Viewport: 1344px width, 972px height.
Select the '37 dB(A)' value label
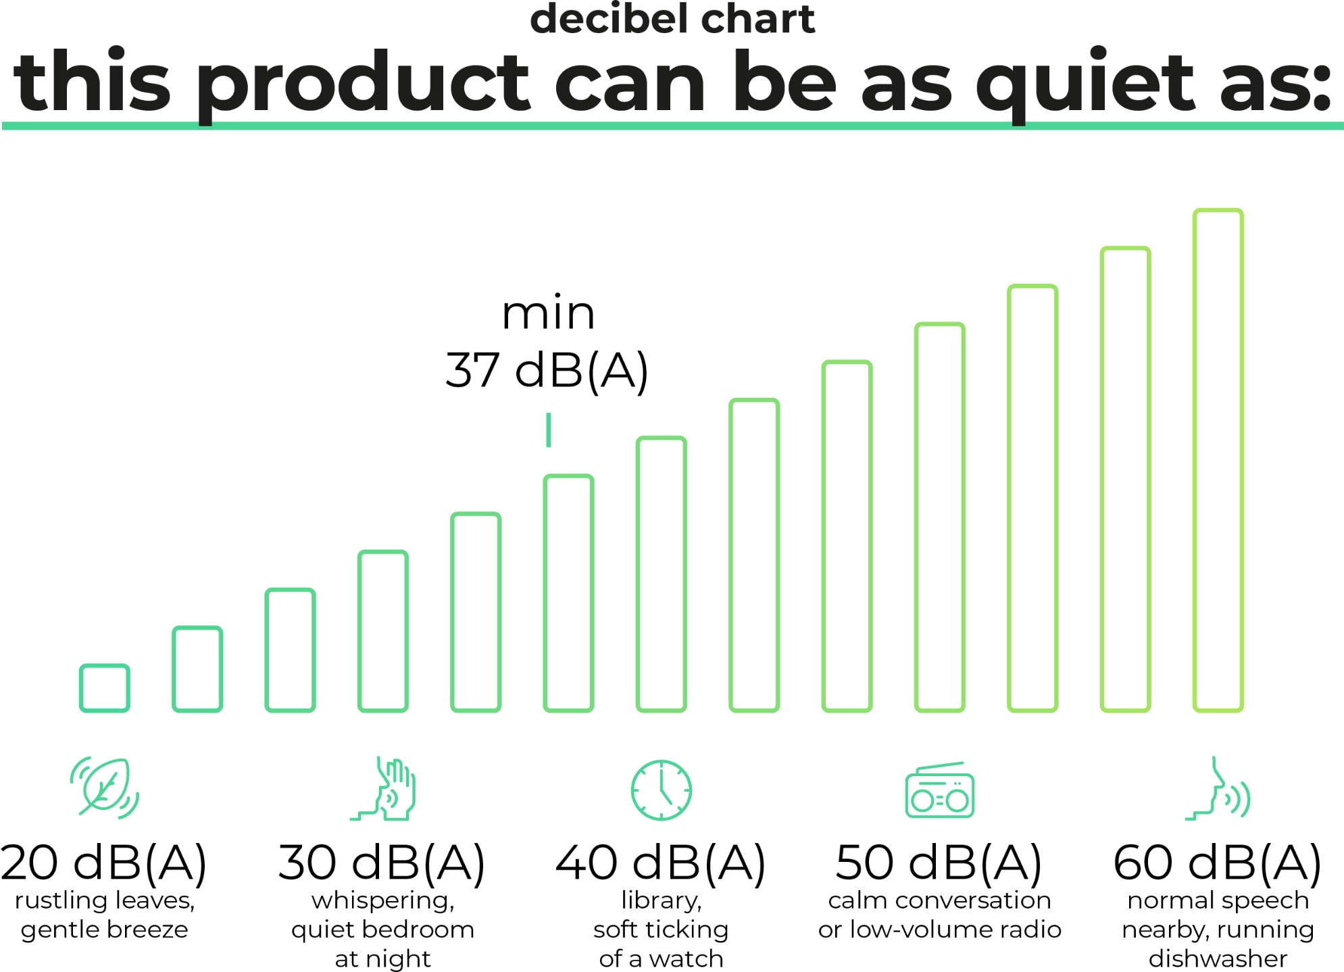[547, 369]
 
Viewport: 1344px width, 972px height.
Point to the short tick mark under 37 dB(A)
[549, 430]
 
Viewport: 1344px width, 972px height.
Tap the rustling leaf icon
[105, 788]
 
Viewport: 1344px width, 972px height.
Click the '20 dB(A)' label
[104, 863]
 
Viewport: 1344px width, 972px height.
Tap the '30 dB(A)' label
[382, 863]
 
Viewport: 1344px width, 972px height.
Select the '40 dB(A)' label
[661, 863]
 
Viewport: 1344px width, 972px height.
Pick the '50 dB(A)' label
[939, 863]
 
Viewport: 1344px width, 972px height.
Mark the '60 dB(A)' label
[1218, 863]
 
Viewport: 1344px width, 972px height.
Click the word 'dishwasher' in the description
[1218, 958]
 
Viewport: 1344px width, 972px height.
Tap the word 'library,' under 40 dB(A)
[662, 901]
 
